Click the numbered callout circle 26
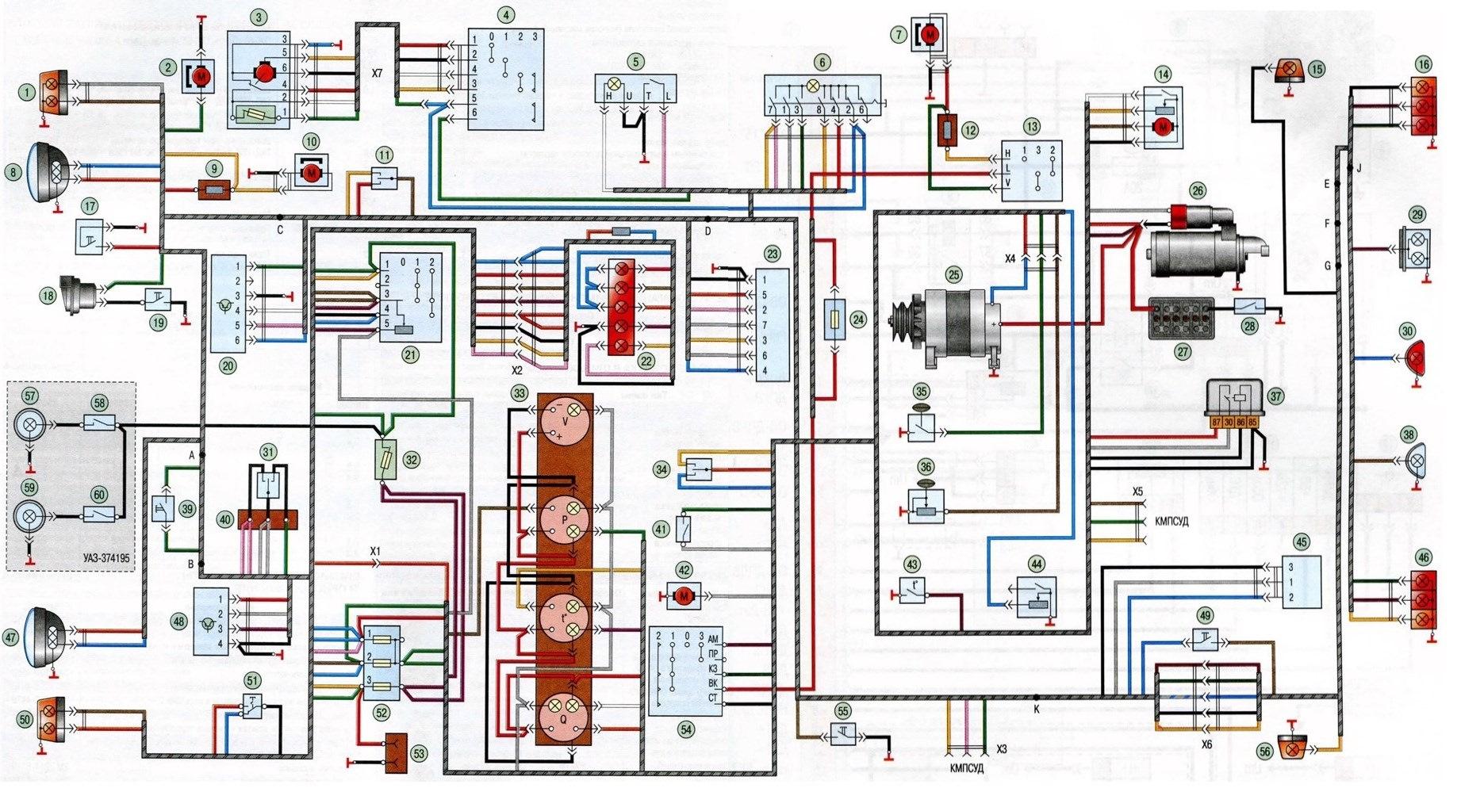1198,191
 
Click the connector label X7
378,73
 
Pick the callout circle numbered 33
520,393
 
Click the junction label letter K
1037,710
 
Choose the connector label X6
1206,744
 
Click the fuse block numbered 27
1182,317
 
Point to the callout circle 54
685,729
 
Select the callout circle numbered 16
1424,65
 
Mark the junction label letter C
281,230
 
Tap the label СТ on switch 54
712,698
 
